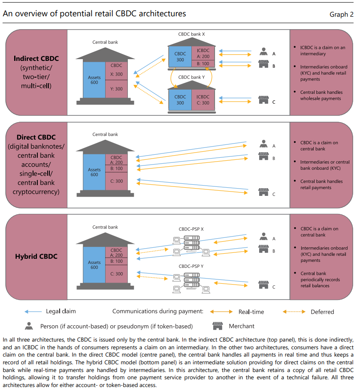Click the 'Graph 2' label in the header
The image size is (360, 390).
(x=341, y=15)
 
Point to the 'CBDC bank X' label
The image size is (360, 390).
(x=192, y=34)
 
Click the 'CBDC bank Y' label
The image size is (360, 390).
(x=192, y=78)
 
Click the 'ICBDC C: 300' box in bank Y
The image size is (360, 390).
(x=203, y=100)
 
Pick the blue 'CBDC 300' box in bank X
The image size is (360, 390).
(x=180, y=57)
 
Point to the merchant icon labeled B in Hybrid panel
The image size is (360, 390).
(x=263, y=249)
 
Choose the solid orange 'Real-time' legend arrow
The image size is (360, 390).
(x=223, y=312)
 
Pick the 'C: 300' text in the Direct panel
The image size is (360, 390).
(x=116, y=181)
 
